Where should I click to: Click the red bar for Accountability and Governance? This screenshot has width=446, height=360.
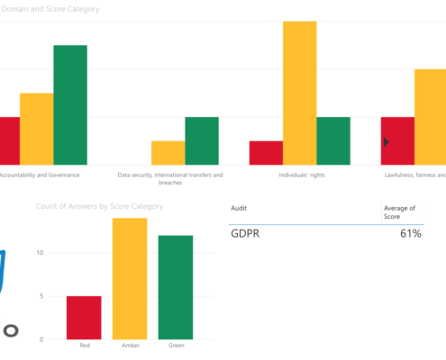pos(9,141)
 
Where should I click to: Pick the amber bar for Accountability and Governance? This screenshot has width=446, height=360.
pos(36,130)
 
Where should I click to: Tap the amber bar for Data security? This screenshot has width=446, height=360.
pos(168,153)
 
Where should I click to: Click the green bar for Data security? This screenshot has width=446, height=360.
pos(203,141)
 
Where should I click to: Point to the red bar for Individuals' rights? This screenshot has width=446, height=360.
pos(266,153)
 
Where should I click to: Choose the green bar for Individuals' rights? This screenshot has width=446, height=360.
pos(332,141)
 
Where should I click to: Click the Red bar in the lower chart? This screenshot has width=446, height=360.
pos(84,318)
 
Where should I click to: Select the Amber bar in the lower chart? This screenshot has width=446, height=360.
pos(129,279)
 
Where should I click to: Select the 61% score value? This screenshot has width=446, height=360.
pos(411,235)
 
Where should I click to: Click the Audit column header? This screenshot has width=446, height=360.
pos(239,208)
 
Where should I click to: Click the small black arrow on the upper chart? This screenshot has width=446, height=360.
pos(386,141)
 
